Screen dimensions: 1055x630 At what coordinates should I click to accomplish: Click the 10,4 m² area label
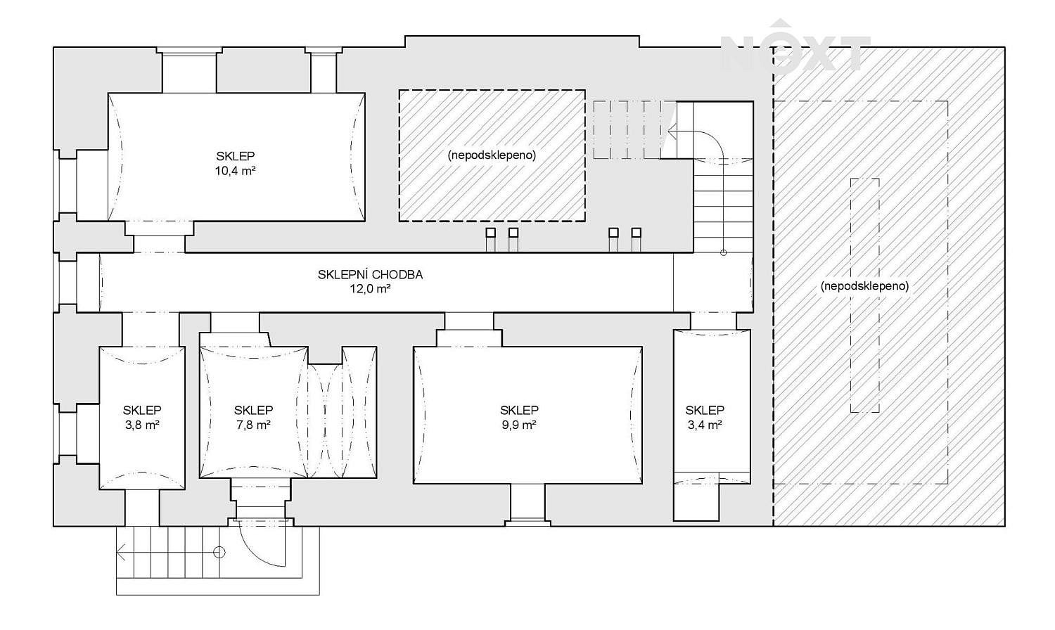point(235,170)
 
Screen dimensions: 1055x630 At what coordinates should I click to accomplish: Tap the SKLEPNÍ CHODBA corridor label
point(370,274)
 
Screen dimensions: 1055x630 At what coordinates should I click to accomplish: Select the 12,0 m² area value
point(370,288)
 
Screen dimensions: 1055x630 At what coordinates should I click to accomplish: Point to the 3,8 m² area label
point(142,425)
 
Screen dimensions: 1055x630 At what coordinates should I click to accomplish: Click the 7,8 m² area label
point(253,425)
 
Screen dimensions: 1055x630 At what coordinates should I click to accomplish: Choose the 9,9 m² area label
point(519,425)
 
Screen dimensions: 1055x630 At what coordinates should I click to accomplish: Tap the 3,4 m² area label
point(705,425)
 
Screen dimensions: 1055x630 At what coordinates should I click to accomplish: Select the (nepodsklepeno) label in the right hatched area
point(864,285)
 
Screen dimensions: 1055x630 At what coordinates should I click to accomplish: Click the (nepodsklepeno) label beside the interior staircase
point(492,155)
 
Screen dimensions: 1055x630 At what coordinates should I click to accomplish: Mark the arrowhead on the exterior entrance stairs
point(120,553)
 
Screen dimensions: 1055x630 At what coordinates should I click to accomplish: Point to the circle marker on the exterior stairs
point(219,553)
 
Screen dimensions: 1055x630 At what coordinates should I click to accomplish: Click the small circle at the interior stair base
point(724,253)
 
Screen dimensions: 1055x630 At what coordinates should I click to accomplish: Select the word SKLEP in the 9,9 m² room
point(519,410)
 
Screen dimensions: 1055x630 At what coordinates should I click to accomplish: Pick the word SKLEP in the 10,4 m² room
point(235,156)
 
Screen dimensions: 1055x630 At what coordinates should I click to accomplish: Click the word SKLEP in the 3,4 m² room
point(705,410)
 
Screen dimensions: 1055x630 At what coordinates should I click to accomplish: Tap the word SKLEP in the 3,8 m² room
point(142,410)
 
